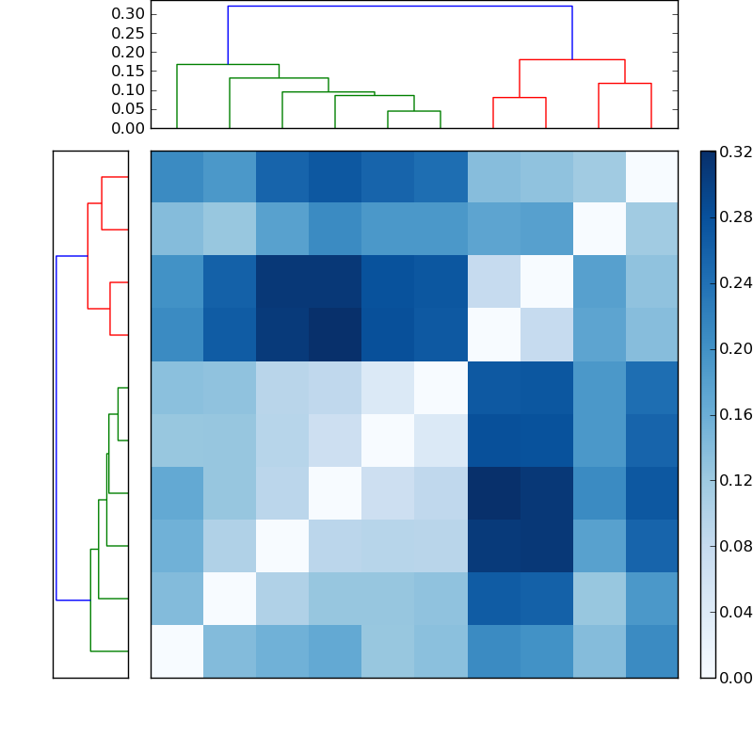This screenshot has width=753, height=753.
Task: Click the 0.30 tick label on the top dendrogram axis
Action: coord(128,14)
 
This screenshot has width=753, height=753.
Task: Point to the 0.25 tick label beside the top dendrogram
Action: coord(128,33)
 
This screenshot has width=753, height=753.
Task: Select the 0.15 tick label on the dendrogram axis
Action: coord(128,71)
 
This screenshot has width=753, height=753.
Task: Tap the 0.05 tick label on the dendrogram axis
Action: coord(128,109)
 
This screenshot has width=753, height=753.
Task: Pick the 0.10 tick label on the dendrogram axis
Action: coord(128,90)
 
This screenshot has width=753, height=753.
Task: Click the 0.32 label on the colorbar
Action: coord(735,152)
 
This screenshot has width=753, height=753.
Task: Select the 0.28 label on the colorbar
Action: coord(735,217)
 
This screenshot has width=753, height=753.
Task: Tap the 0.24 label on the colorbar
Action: coord(735,283)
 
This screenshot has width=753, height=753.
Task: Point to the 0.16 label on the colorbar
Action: coord(735,415)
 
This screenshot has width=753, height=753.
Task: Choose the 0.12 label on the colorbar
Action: coord(735,481)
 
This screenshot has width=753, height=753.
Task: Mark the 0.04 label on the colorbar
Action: coord(735,613)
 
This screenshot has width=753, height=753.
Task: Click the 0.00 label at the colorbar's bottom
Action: coord(735,678)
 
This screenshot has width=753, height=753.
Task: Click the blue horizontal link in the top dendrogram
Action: coord(400,7)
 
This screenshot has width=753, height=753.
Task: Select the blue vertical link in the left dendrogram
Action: coord(56,428)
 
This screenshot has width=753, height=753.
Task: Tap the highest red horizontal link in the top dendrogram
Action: coord(572,60)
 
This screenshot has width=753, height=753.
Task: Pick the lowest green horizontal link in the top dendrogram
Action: coord(414,111)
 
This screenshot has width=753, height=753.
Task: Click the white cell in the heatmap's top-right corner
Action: coord(651,177)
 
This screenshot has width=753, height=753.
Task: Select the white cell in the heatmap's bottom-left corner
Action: coord(177,651)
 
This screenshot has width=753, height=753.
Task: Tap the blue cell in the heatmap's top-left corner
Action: coord(177,177)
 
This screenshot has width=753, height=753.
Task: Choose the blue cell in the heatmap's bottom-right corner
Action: coord(651,651)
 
